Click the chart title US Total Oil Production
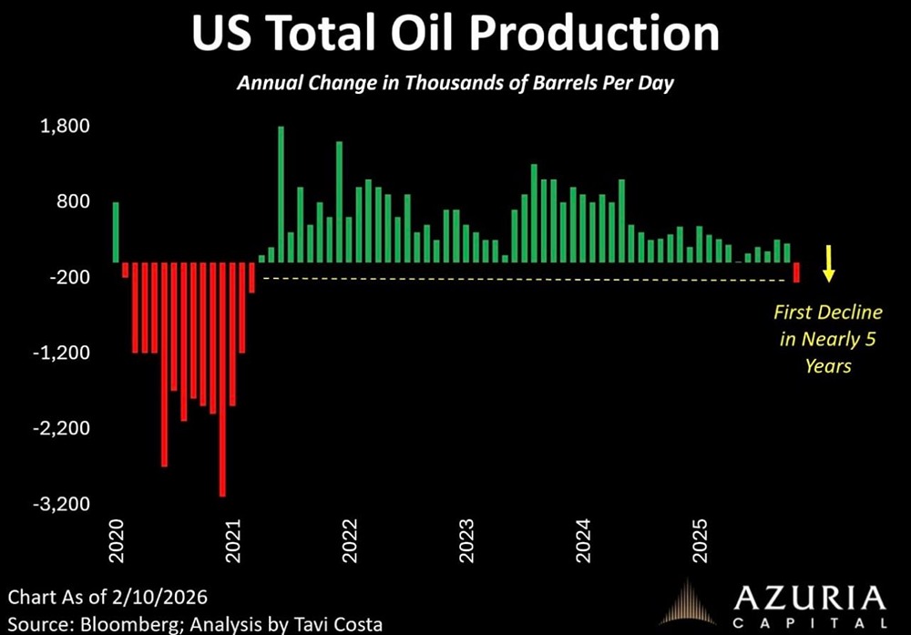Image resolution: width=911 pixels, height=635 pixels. (455, 35)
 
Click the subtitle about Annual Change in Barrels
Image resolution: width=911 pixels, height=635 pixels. (455, 83)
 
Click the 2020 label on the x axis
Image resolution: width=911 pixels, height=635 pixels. (117, 542)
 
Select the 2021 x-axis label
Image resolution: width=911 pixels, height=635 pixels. (233, 542)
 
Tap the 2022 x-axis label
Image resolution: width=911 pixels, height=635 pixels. (350, 542)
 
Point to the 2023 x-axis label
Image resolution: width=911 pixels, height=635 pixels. (466, 542)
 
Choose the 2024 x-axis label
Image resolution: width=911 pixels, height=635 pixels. (583, 542)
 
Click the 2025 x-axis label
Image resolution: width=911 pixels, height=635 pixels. (700, 542)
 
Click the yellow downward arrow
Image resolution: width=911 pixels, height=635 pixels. (829, 261)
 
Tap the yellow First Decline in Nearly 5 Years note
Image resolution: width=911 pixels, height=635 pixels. (828, 339)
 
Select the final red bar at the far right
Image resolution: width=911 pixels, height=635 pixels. (796, 271)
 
